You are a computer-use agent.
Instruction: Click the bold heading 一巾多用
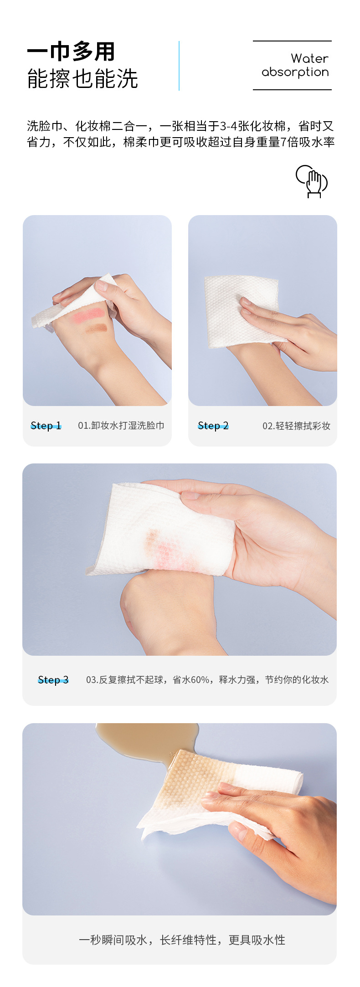[71, 51]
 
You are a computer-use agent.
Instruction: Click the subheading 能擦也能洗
[82, 78]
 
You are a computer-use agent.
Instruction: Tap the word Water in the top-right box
[309, 58]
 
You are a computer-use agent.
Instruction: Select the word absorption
[295, 72]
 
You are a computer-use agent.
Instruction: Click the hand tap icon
[312, 181]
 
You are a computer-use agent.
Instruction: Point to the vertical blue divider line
[179, 66]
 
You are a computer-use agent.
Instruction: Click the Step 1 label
[46, 426]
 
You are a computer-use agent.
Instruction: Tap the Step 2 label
[213, 426]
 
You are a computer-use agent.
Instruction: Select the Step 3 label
[53, 680]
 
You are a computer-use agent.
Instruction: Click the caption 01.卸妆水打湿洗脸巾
[121, 426]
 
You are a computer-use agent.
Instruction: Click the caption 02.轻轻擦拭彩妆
[296, 426]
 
